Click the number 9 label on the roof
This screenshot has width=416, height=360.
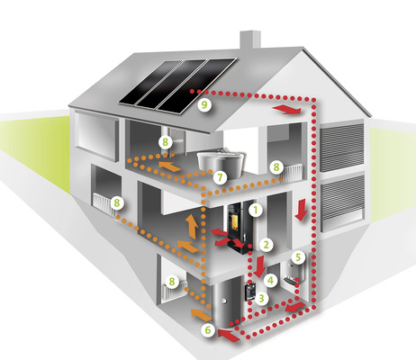[x=204, y=104]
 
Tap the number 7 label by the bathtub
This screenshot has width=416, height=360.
[x=220, y=177]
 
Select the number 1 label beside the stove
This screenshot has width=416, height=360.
[x=256, y=210]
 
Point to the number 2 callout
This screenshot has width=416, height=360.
[x=267, y=245]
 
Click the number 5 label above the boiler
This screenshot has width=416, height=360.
[x=298, y=257]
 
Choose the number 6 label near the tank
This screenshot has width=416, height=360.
[x=208, y=330]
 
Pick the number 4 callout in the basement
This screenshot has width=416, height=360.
[x=270, y=281]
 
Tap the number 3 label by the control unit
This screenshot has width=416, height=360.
[x=261, y=298]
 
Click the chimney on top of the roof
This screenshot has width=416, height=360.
[x=249, y=40]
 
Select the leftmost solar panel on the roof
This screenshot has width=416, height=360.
[x=150, y=82]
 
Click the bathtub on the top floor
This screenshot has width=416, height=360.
[x=220, y=164]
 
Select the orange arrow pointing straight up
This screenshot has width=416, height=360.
[x=191, y=227]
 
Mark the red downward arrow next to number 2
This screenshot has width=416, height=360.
[x=259, y=266]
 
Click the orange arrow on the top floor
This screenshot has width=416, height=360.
[x=169, y=166]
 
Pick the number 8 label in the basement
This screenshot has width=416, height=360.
[x=172, y=282]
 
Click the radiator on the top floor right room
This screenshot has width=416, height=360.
[x=293, y=174]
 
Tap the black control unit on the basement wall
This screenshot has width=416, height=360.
[x=249, y=292]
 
